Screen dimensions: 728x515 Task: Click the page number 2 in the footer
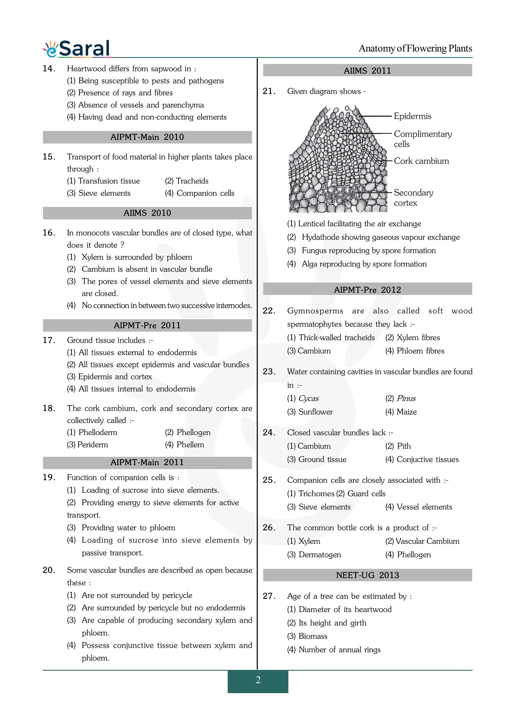[258, 680]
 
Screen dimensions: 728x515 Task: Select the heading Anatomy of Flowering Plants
[415, 49]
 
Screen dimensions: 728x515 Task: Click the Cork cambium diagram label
[421, 161]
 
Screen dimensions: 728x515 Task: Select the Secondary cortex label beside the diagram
[413, 198]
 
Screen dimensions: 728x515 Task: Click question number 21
[269, 91]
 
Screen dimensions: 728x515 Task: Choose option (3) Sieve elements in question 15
[99, 193]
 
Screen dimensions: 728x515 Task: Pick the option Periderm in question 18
[88, 445]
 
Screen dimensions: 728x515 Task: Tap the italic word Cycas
[309, 399]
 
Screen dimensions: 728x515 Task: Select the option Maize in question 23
[407, 412]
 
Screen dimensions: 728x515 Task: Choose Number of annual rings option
[339, 650]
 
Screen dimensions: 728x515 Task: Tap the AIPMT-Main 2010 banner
[147, 137]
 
